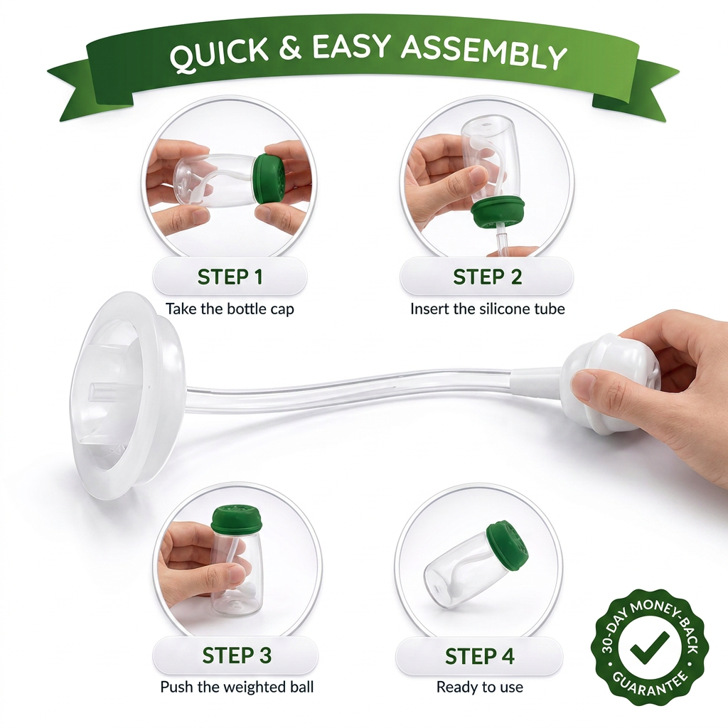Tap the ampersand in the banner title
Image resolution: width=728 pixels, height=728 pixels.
point(291,48)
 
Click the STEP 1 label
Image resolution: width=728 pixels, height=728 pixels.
point(230,277)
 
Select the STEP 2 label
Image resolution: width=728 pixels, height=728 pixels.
point(488,277)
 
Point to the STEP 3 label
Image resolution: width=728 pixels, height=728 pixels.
point(236,655)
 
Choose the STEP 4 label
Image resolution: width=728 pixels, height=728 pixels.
point(480,656)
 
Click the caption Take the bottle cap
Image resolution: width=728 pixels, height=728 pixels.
point(230,309)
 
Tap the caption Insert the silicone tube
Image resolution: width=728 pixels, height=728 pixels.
point(488,309)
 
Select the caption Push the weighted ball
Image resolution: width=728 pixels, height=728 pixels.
point(237,687)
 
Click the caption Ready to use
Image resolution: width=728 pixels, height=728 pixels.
point(480,687)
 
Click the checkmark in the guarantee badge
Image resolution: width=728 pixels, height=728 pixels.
point(650,646)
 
